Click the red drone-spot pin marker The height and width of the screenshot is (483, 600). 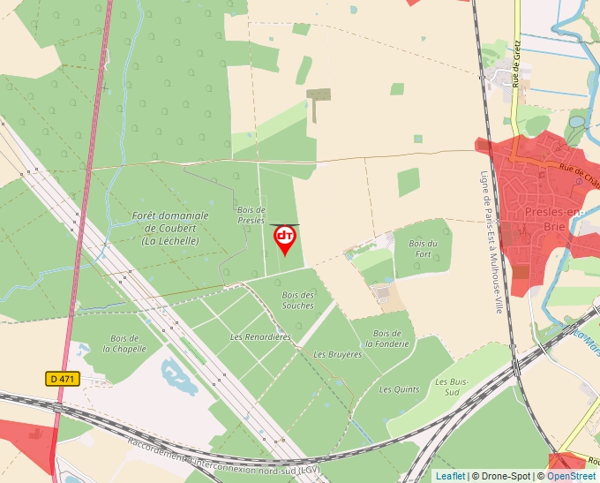[x=285, y=238]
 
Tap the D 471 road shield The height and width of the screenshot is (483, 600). [x=64, y=379]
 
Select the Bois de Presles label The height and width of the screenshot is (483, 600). [x=251, y=215]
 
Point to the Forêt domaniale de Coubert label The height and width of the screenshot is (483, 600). [x=170, y=228]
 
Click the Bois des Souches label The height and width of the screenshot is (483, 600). [x=298, y=300]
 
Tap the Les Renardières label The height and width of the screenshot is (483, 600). [x=260, y=337]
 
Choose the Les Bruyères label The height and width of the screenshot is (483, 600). [x=338, y=354]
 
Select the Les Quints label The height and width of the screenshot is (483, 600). [x=400, y=389]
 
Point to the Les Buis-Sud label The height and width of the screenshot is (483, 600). [x=447, y=386]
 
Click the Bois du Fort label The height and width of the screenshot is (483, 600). [x=423, y=248]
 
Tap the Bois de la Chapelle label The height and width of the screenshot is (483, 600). [x=124, y=343]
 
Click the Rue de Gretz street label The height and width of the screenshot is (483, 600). [x=515, y=71]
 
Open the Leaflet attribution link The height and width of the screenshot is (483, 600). [x=450, y=476]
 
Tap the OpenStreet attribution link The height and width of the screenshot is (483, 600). [x=572, y=476]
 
